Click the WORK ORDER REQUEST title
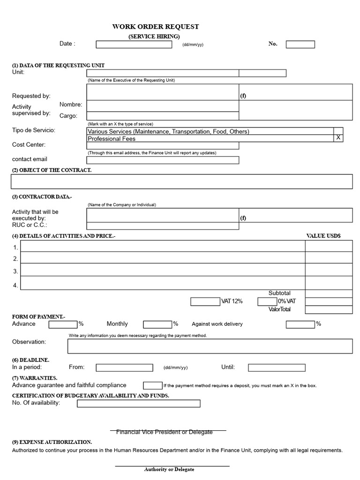coord(155,27)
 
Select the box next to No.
coord(300,45)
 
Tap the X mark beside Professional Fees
coord(338,138)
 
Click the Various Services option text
coord(168,131)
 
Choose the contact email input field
coord(163,160)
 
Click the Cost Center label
coord(29,145)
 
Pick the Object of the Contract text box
coord(181,181)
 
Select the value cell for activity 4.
coord(328,284)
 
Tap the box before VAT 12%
coord(205,301)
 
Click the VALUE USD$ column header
coord(323,236)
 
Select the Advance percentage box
coord(63,324)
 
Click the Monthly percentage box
coord(158,324)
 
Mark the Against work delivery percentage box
coord(300,324)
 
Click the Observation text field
coord(210,346)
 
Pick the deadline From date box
coord(124,367)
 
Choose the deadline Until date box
coord(277,367)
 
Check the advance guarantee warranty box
coord(152,385)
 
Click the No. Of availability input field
coord(138,403)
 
